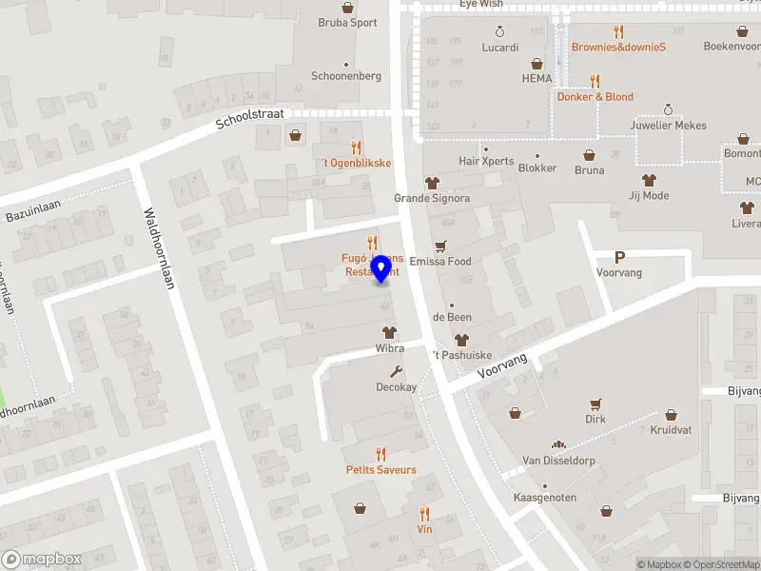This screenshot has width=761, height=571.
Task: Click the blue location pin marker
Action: point(381,268)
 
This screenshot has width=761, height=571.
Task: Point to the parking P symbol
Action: point(619,257)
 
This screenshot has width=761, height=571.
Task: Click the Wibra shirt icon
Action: point(388,333)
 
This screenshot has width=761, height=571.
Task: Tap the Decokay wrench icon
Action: point(396,372)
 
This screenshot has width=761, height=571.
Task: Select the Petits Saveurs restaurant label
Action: point(380,470)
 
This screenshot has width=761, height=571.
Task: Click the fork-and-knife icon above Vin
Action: point(424,513)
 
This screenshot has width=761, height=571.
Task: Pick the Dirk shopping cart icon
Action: point(595,404)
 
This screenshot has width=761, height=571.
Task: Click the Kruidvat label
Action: point(671,430)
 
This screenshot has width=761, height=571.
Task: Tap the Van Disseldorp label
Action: point(558,461)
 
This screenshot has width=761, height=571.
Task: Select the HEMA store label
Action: point(537,78)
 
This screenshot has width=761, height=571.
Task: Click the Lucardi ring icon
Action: point(500,31)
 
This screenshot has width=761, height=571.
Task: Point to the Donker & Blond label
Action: point(595,97)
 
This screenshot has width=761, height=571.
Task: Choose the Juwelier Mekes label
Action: point(668,126)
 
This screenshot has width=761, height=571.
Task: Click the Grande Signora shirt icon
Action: point(432,183)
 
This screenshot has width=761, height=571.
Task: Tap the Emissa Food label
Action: point(439,262)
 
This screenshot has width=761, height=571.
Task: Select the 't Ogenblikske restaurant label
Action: point(356,163)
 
